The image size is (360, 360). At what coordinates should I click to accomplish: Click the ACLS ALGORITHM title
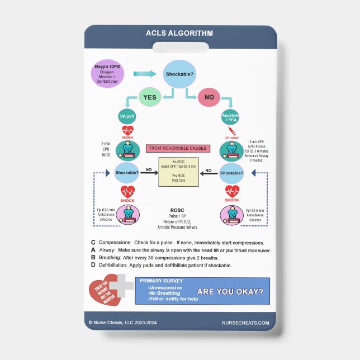pyautogui.click(x=179, y=33)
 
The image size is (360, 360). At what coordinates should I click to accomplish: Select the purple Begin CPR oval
pyautogui.click(x=106, y=74)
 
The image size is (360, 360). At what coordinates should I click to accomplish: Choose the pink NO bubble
pyautogui.click(x=209, y=97)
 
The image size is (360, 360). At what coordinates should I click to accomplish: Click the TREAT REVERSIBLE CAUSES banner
pyautogui.click(x=177, y=149)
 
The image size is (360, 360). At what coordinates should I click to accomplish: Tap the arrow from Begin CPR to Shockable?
pyautogui.click(x=144, y=74)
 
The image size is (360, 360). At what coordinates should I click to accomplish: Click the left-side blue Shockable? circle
pyautogui.click(x=126, y=173)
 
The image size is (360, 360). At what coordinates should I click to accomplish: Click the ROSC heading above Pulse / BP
pyautogui.click(x=177, y=211)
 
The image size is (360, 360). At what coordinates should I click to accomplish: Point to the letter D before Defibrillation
pyautogui.click(x=93, y=266)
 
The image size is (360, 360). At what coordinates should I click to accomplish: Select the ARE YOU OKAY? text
pyautogui.click(x=230, y=291)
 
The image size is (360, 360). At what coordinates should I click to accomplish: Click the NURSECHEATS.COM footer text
pyautogui.click(x=245, y=323)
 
